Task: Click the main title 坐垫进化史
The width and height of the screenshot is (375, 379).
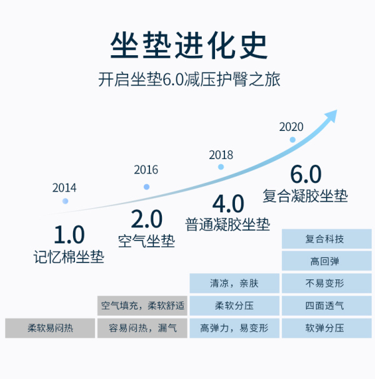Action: (187, 46)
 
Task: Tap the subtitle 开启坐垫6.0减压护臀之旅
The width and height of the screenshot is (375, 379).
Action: (187, 81)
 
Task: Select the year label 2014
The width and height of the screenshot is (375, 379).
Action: (64, 187)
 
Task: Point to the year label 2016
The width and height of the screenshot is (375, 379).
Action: (146, 170)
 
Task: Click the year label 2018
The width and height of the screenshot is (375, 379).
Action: (221, 154)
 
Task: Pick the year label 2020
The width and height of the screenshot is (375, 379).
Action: (291, 127)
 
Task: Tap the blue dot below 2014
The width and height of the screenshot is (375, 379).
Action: (65, 201)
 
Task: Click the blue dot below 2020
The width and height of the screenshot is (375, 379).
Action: (292, 139)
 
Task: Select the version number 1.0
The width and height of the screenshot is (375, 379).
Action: (68, 234)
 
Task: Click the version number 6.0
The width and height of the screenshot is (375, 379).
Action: (306, 173)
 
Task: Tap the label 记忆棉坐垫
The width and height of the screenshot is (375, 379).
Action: (69, 257)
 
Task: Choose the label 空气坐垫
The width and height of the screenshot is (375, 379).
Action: (146, 241)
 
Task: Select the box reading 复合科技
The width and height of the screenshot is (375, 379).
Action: (324, 239)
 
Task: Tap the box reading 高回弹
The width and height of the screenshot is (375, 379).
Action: (324, 261)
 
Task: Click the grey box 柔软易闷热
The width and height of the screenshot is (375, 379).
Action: (50, 328)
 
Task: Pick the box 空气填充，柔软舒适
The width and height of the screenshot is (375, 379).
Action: (142, 306)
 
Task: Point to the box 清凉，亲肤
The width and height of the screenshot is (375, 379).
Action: (234, 283)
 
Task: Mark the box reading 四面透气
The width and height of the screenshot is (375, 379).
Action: (324, 306)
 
